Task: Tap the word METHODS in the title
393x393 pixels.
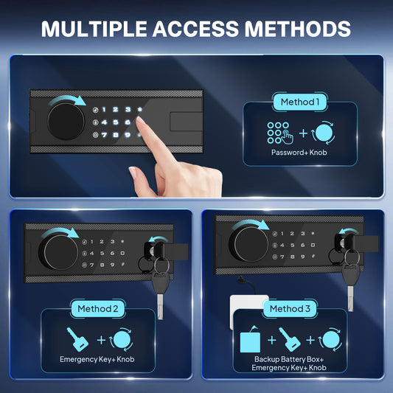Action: [297, 29]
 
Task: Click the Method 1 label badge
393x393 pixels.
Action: [300, 102]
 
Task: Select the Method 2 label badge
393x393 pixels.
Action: [98, 308]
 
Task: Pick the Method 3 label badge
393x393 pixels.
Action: [290, 308]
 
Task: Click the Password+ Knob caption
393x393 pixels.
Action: [299, 153]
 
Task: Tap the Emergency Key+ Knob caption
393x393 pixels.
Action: [97, 359]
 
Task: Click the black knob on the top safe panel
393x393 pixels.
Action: [66, 122]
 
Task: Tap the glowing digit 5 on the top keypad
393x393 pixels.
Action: [116, 122]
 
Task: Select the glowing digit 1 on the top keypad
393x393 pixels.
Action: [104, 110]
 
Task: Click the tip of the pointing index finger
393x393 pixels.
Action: [139, 119]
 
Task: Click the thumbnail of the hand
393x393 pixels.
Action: [132, 172]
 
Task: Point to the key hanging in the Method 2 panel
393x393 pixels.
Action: [161, 291]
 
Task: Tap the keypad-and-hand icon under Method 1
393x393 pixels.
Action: [280, 133]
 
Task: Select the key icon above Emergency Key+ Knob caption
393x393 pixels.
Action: [77, 339]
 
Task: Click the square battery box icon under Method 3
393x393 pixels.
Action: [250, 341]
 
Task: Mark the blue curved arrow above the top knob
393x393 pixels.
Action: [67, 100]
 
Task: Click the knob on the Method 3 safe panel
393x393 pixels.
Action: [249, 244]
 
